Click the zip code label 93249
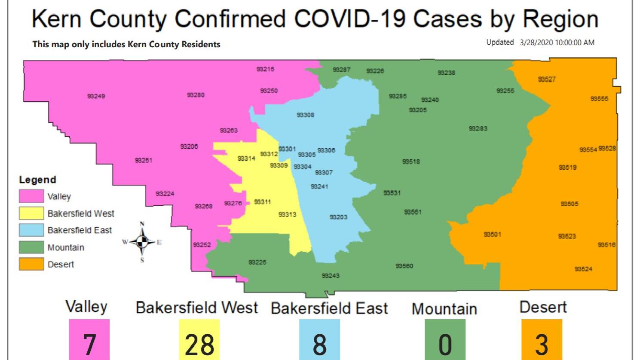click(x=96, y=96)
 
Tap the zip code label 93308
click(x=305, y=115)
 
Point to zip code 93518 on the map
click(x=411, y=162)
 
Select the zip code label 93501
click(x=492, y=235)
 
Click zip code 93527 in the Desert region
click(x=547, y=79)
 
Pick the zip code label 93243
click(x=331, y=276)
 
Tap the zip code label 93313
click(x=287, y=214)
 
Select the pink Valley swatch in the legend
click(x=31, y=196)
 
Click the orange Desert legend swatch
click(x=31, y=264)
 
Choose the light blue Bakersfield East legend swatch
click(x=31, y=230)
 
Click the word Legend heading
click(x=37, y=180)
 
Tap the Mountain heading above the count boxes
click(x=444, y=309)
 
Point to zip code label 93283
click(x=478, y=128)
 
